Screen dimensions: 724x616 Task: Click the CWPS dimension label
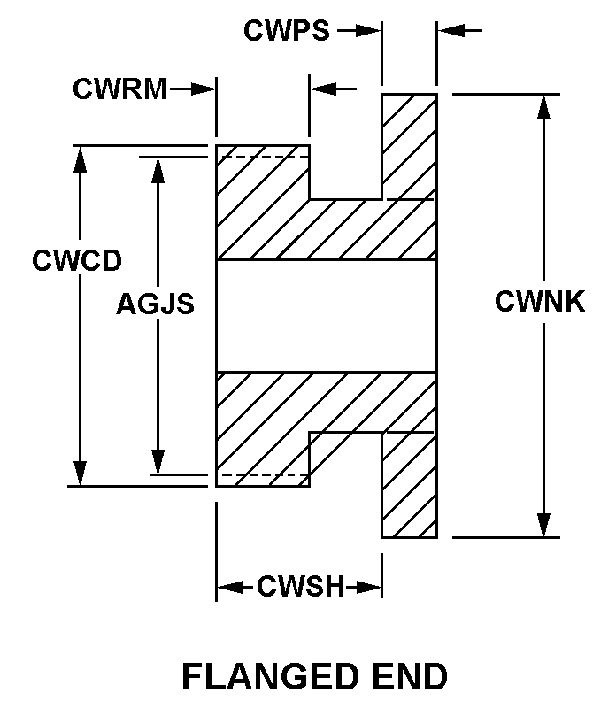[286, 31]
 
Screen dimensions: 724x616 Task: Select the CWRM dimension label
[119, 89]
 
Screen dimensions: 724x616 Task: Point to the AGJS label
[155, 304]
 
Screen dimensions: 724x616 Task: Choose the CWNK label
[540, 302]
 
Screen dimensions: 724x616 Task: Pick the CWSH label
[300, 587]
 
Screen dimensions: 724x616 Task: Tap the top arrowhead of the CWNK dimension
[543, 104]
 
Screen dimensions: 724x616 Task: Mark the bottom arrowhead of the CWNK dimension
[543, 527]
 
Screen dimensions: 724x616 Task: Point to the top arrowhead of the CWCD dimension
[81, 157]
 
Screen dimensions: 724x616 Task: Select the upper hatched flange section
[409, 146]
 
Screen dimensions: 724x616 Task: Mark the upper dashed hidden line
[263, 158]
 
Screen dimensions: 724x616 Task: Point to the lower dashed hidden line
[263, 475]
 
